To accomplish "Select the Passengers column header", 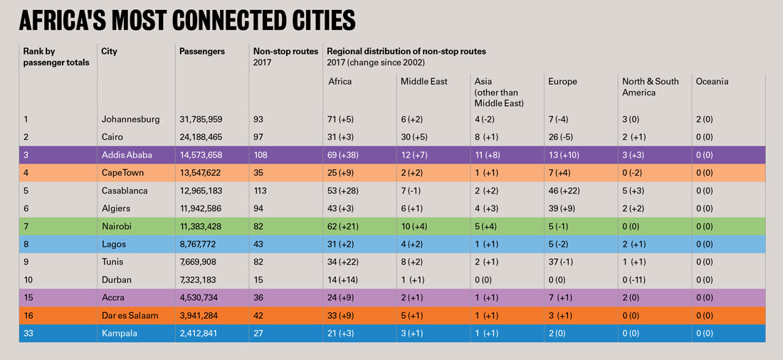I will (202, 52).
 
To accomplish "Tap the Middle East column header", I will (424, 82).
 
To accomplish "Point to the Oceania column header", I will (713, 82).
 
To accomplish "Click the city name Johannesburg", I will (131, 119).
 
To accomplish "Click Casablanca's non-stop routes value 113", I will (261, 191).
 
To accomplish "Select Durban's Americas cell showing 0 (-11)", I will (639, 280).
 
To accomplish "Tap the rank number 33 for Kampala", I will (29, 334).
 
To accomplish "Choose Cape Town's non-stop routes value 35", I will (259, 173).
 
